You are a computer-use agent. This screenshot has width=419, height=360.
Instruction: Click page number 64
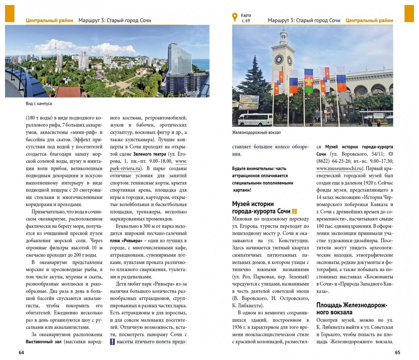(21, 352)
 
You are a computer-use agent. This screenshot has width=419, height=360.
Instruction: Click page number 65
(397, 352)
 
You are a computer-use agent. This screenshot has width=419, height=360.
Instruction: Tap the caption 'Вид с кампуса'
(39, 104)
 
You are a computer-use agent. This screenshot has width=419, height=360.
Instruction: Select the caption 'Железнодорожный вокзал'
(256, 132)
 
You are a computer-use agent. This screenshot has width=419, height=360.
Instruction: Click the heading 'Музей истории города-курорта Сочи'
(261, 207)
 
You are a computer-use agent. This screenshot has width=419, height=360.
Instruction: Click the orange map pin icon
(235, 17)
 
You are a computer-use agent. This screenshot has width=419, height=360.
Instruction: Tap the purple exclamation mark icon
(112, 342)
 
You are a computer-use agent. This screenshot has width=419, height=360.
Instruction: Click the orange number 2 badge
(294, 211)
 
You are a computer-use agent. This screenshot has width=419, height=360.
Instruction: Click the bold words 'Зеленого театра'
(149, 154)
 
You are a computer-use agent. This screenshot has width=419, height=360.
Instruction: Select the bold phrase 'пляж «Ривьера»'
(126, 241)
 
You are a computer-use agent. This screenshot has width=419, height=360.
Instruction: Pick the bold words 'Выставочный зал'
(43, 342)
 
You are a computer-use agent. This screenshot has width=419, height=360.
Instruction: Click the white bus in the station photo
(256, 119)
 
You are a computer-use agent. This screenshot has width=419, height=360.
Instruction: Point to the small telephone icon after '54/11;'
(391, 154)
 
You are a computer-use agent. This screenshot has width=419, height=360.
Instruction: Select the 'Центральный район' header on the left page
(49, 20)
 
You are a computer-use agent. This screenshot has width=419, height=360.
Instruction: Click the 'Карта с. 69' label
(246, 18)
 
